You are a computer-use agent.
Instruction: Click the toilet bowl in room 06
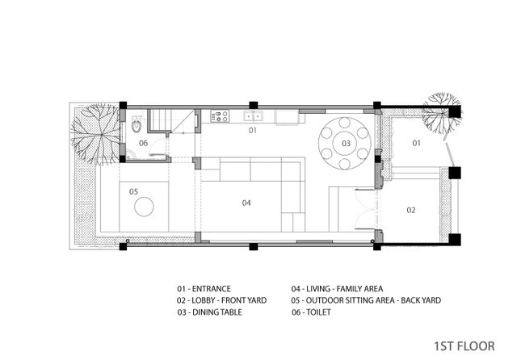[x=137, y=124]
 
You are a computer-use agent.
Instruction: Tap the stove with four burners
[x=220, y=116]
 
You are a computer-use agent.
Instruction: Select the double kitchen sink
[x=253, y=116]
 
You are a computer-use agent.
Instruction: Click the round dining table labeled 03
[x=345, y=143]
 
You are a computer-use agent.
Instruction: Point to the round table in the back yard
[x=144, y=207]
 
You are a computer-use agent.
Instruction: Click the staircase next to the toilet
[x=159, y=121]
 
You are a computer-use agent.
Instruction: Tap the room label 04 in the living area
[x=246, y=203]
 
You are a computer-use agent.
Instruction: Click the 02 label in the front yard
[x=411, y=210]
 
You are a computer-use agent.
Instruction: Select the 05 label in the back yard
[x=133, y=191]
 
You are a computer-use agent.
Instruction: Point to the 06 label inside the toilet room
[x=143, y=143]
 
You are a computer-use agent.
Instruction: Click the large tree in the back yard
[x=95, y=134]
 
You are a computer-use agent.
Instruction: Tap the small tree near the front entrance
[x=442, y=113]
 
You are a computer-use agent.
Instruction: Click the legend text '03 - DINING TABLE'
[x=210, y=312]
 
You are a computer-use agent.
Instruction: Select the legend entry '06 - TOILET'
[x=311, y=312]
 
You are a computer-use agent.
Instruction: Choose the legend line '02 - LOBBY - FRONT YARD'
[x=221, y=300]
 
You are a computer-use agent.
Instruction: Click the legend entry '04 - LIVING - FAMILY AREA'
[x=338, y=289]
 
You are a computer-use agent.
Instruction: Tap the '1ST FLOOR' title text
[x=464, y=346]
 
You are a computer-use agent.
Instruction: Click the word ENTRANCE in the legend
[x=212, y=289]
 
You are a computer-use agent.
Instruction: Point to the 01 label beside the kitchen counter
[x=253, y=130]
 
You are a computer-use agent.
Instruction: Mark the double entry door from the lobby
[x=365, y=209]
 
